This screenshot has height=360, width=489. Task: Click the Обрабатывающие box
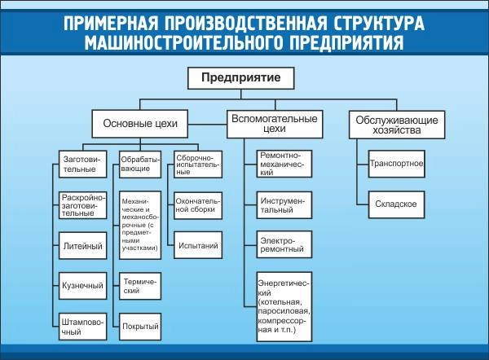pyautogui.click(x=139, y=165)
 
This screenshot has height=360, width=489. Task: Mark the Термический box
pyautogui.click(x=139, y=285)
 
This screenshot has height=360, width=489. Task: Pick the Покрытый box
pyautogui.click(x=139, y=327)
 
